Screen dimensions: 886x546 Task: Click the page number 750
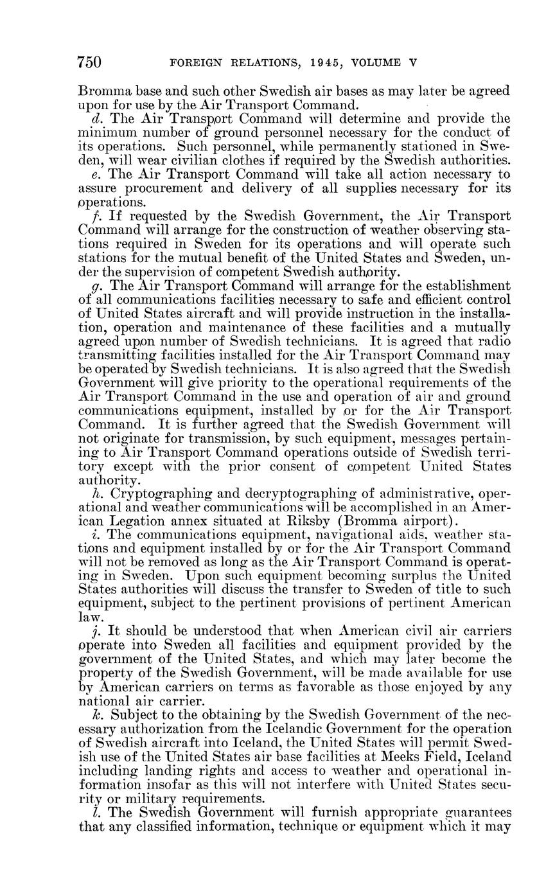(90, 62)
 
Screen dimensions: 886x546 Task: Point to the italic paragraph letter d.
(87, 118)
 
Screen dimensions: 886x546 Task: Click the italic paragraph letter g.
(87, 286)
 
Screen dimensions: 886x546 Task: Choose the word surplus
(407, 576)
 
